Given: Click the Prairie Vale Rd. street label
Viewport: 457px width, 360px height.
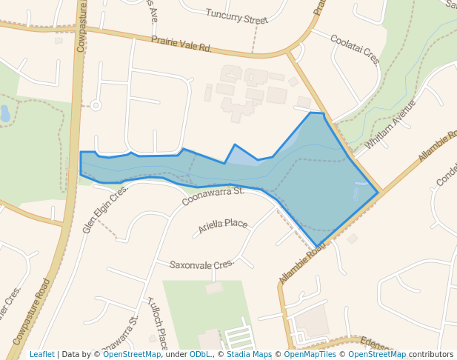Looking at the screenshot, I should (x=181, y=44).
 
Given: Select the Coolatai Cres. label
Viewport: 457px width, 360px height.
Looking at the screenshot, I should (x=355, y=49).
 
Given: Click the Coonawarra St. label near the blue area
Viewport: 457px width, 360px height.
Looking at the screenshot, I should (x=213, y=196).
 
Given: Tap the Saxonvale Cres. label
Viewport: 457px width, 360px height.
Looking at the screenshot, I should (x=201, y=264).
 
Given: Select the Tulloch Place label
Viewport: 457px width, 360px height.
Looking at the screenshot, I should (x=158, y=321).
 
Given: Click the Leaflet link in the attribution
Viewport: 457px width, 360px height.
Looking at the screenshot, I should (x=41, y=355).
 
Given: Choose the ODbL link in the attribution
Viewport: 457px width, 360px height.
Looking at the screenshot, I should (x=200, y=355).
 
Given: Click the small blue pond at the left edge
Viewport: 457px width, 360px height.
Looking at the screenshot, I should (x=5, y=113).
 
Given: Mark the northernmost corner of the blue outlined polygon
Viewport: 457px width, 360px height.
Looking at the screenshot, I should (x=311, y=113).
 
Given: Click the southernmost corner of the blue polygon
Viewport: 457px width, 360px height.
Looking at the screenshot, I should (x=317, y=246).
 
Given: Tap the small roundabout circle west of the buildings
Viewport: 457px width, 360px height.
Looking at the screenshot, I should (x=96, y=105).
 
